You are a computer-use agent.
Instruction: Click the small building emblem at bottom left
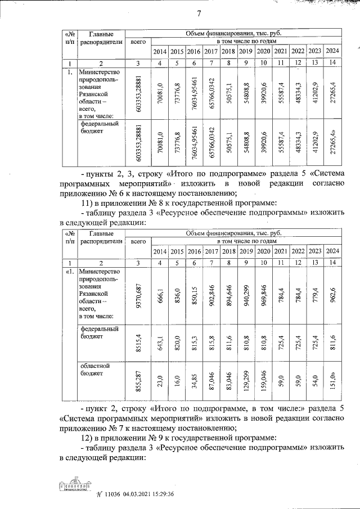[x=73, y=487]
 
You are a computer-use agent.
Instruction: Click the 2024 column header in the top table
[x=332, y=52]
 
